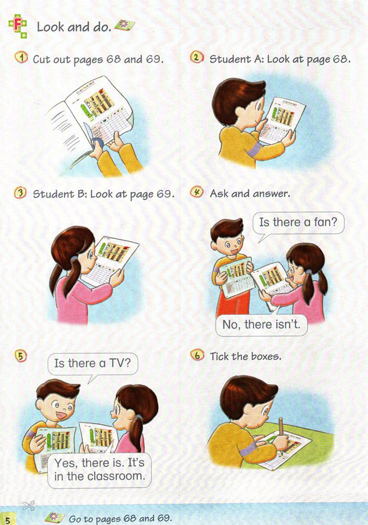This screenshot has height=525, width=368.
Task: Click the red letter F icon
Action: tap(18, 25)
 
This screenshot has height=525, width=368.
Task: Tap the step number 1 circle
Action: tap(21, 57)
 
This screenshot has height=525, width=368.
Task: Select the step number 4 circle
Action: tap(196, 192)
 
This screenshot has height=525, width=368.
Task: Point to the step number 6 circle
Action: tap(197, 355)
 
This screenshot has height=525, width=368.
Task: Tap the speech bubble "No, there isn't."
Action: tap(261, 324)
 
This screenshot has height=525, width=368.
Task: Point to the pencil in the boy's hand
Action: tap(281, 430)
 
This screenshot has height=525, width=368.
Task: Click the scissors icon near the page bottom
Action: tap(29, 506)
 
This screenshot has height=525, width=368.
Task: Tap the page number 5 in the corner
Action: tap(8, 519)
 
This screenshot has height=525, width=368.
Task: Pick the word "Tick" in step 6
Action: tap(219, 356)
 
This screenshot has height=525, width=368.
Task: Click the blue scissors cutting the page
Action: tap(97, 143)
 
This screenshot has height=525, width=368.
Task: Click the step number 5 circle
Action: tap(21, 356)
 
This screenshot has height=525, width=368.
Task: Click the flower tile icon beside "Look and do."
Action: tap(125, 25)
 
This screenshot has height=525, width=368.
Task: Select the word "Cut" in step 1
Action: tap(41, 59)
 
